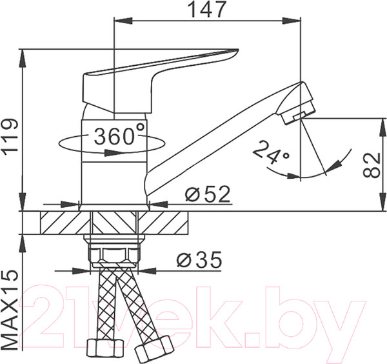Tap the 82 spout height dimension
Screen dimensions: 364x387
coord(369,165)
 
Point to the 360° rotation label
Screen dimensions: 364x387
coord(119,136)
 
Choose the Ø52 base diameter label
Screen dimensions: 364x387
coord(206,194)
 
